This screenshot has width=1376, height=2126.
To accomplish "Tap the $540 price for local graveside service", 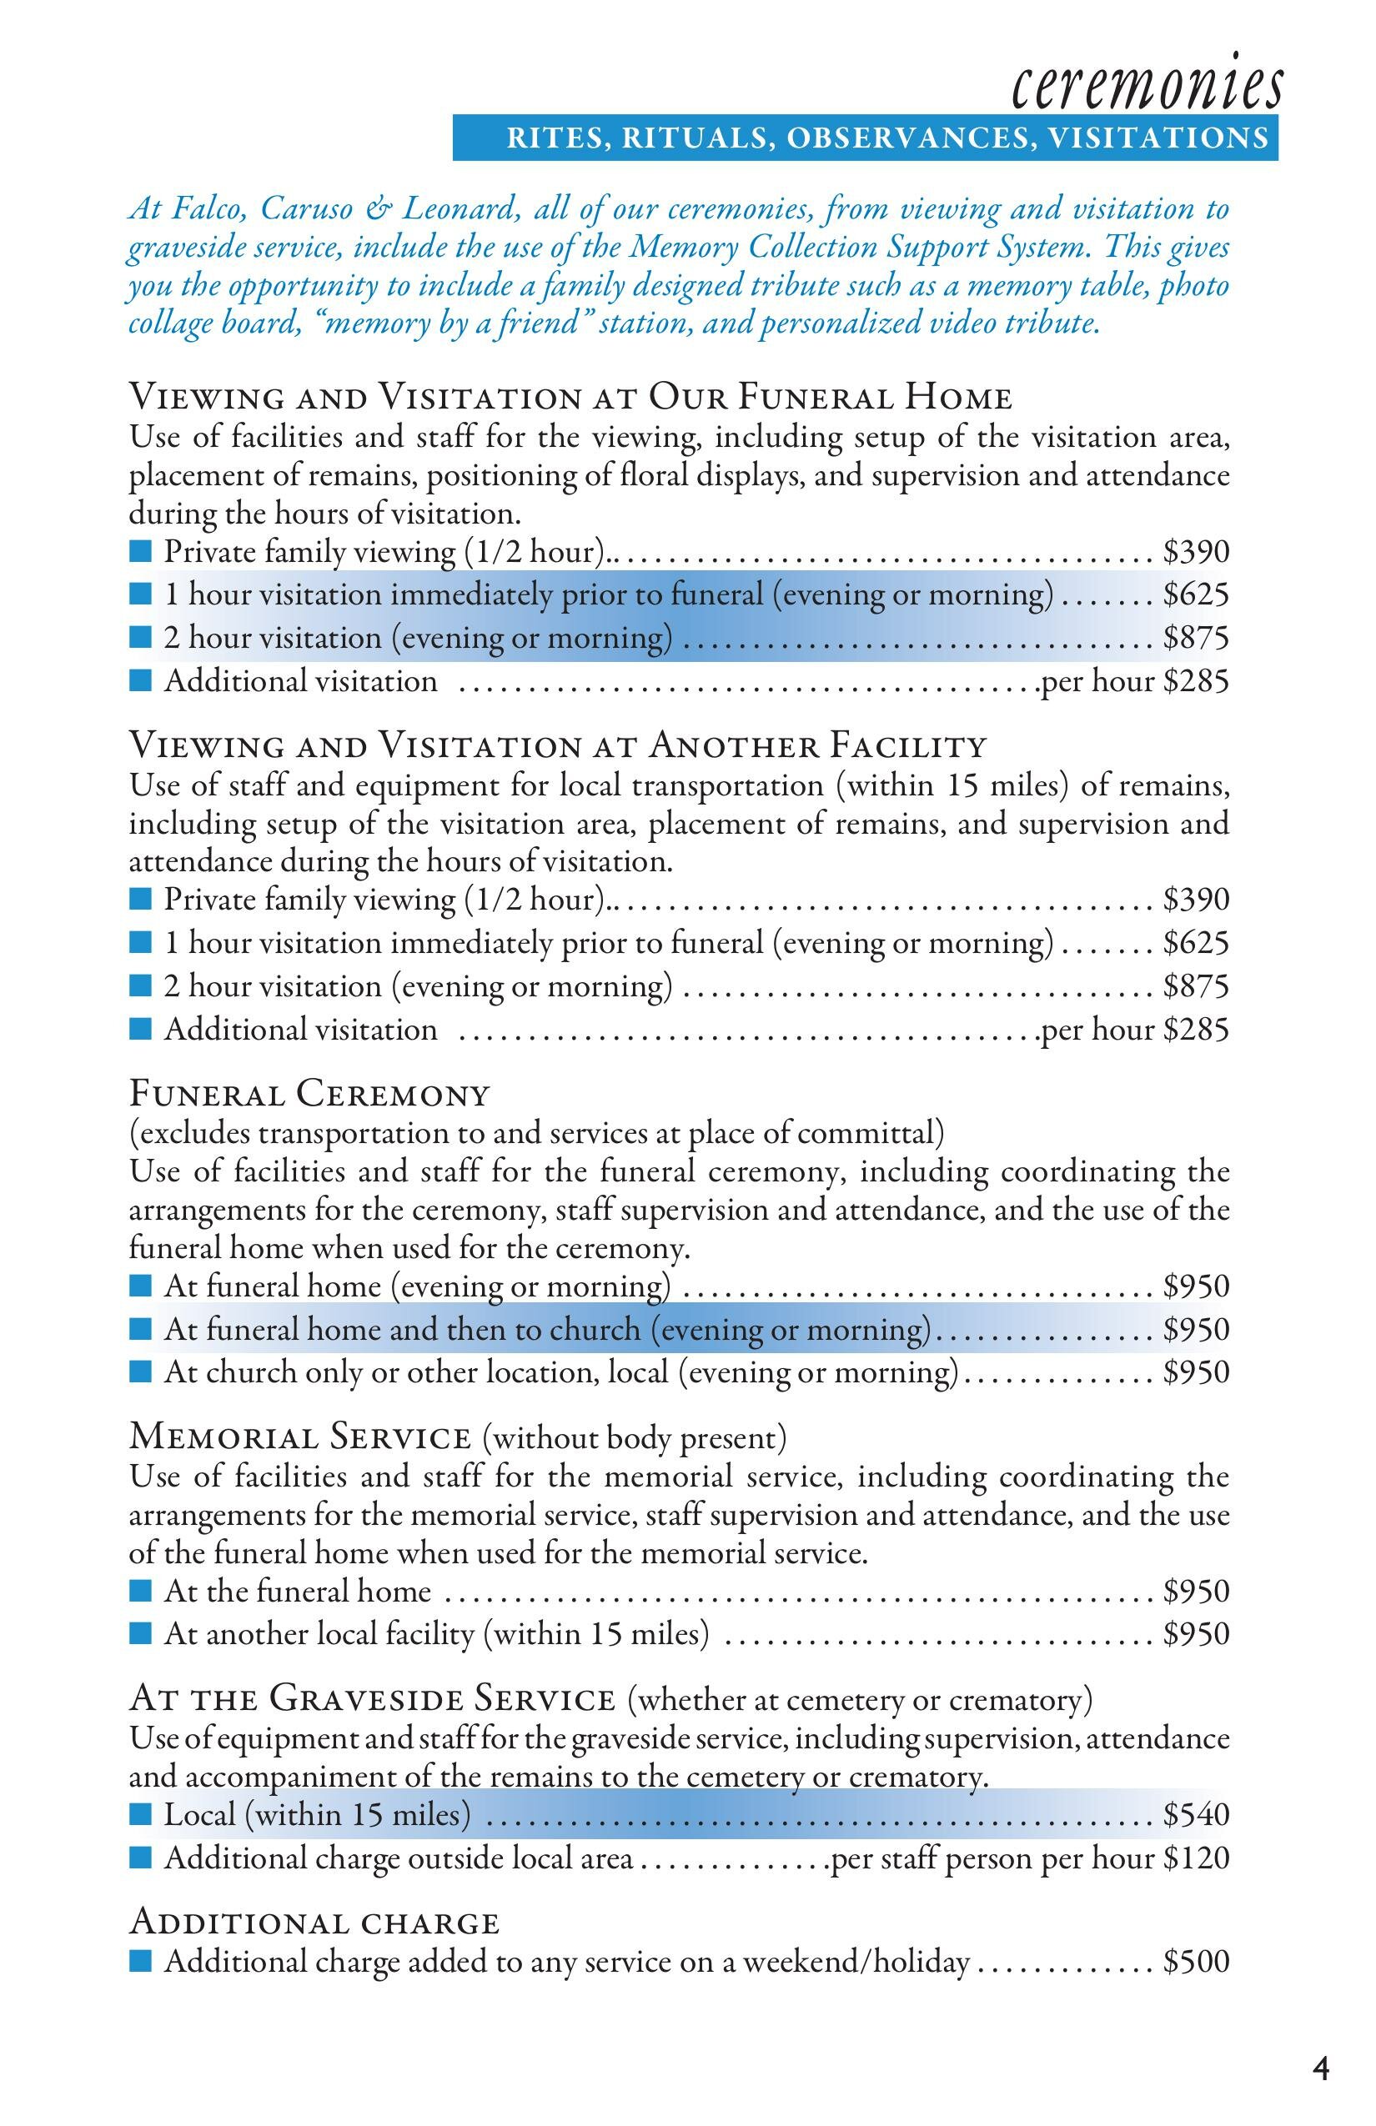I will (x=1196, y=1814).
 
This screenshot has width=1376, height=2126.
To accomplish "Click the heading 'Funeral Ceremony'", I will (x=310, y=1093).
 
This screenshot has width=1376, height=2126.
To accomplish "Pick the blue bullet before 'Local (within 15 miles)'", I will (x=140, y=1814).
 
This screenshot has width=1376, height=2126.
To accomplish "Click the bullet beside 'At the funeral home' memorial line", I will (x=140, y=1591).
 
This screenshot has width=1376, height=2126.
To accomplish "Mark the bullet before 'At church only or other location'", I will (x=140, y=1371).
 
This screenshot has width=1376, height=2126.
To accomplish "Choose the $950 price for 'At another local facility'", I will (x=1196, y=1634).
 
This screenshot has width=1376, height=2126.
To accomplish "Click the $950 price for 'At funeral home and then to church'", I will (x=1196, y=1329).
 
